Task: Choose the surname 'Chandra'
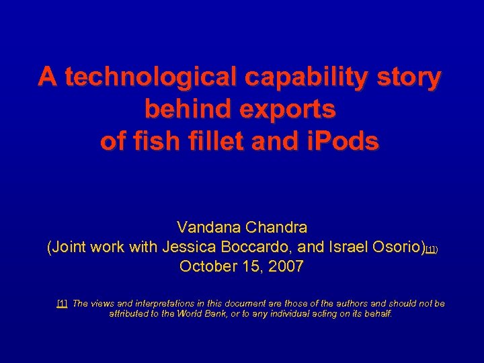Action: [x=277, y=228]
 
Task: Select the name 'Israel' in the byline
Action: [x=348, y=247]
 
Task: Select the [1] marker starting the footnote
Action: [x=62, y=304]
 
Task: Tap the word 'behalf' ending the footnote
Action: [x=377, y=313]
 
